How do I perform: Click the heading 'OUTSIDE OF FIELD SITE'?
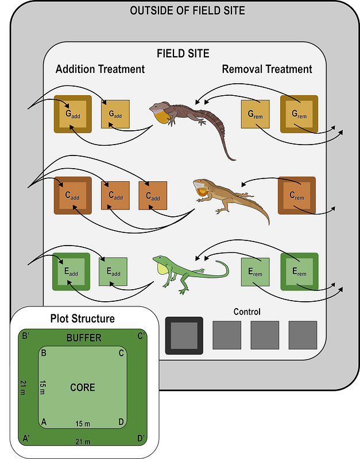point(187,10)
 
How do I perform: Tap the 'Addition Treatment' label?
point(100,69)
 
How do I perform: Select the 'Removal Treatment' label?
point(267,69)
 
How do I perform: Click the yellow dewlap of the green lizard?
point(161,267)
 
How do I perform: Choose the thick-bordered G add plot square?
point(73,114)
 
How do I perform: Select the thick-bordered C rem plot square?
point(297,196)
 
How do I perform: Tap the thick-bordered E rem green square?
point(299,271)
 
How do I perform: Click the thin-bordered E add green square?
point(113,271)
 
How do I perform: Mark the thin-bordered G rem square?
point(254,114)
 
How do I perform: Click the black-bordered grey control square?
point(184,335)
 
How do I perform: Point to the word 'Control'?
point(247,312)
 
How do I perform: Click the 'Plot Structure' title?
point(82,318)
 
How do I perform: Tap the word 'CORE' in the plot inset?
point(82,387)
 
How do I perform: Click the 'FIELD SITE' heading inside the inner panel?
point(183,54)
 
